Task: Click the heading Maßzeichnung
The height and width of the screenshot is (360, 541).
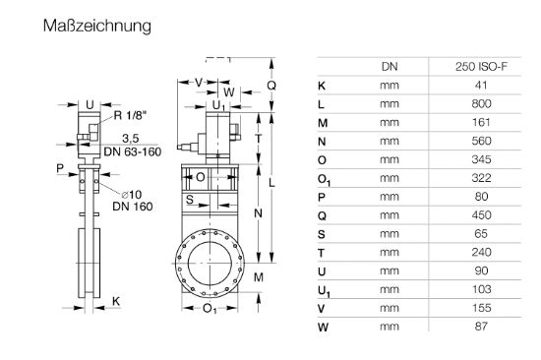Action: [x=97, y=27]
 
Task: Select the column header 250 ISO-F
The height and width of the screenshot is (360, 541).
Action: [x=481, y=67]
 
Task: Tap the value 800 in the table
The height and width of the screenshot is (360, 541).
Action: [x=481, y=103]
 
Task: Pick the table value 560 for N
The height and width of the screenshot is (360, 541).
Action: [x=481, y=141]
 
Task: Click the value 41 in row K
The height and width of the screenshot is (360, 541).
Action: [x=481, y=85]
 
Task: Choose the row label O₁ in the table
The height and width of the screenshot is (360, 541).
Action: [x=324, y=180]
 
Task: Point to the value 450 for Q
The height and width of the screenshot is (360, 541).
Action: [x=481, y=215]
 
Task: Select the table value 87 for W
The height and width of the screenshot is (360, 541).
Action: [x=481, y=327]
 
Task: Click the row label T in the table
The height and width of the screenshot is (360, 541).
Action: [x=322, y=253]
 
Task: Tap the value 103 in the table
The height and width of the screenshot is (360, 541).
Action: [x=481, y=289]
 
